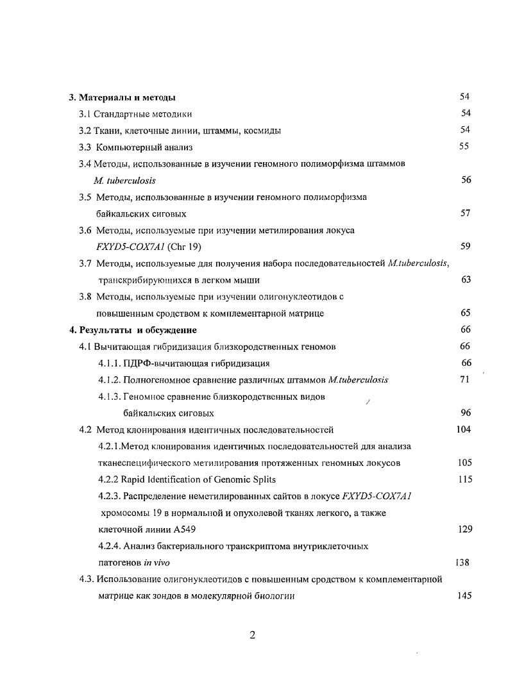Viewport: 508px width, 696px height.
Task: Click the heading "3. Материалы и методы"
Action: (x=123, y=97)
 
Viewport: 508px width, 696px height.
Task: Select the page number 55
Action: (x=463, y=146)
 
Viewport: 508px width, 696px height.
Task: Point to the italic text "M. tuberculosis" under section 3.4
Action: (x=124, y=181)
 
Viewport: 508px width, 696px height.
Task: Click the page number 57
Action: (x=466, y=213)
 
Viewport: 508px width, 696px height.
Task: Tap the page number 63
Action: (x=466, y=279)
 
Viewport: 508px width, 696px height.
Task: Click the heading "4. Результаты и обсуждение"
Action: (x=133, y=330)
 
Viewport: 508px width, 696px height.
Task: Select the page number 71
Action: (x=465, y=379)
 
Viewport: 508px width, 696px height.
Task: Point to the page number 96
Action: (x=466, y=413)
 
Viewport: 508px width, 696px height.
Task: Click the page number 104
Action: (x=464, y=429)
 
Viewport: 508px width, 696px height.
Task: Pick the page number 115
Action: (x=465, y=479)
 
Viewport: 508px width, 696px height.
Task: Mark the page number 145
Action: (x=464, y=595)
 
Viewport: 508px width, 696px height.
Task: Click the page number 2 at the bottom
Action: (x=252, y=635)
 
